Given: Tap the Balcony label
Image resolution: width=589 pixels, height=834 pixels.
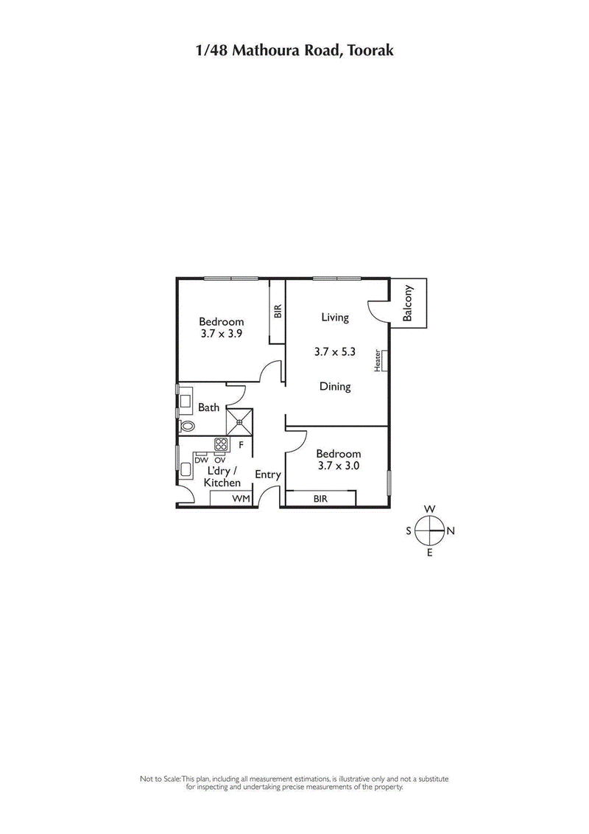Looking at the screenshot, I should click(x=409, y=303).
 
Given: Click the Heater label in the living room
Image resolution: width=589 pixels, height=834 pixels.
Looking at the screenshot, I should click(x=378, y=360).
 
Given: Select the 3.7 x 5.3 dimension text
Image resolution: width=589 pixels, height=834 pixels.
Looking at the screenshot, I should click(x=335, y=352).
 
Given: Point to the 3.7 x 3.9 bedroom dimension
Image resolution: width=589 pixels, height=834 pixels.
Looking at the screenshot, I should click(x=222, y=333).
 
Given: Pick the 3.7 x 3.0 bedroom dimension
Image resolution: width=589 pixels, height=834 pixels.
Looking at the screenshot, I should click(x=339, y=466).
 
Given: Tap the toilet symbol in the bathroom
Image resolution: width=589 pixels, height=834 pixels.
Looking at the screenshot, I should click(x=186, y=426).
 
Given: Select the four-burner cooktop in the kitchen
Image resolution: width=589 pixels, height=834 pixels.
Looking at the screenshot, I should click(x=221, y=444).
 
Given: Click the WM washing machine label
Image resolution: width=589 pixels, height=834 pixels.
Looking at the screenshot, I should click(x=241, y=499).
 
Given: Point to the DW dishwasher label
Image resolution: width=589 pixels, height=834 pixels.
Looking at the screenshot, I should click(x=201, y=460).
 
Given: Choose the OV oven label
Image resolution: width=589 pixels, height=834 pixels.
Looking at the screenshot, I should click(x=219, y=460).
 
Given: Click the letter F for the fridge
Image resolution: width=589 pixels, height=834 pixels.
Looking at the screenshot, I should click(x=241, y=446).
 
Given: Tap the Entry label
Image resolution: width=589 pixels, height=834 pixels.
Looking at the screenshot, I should click(x=268, y=475).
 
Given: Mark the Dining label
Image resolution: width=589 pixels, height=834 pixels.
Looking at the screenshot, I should click(x=335, y=386).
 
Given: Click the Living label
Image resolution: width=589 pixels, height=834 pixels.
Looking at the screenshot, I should click(x=335, y=318).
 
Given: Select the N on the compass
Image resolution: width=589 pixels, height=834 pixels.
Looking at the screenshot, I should click(x=451, y=530).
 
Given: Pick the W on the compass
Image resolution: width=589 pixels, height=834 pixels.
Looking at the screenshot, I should click(x=430, y=509).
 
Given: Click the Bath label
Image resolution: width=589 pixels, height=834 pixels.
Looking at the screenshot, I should click(x=208, y=407).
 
